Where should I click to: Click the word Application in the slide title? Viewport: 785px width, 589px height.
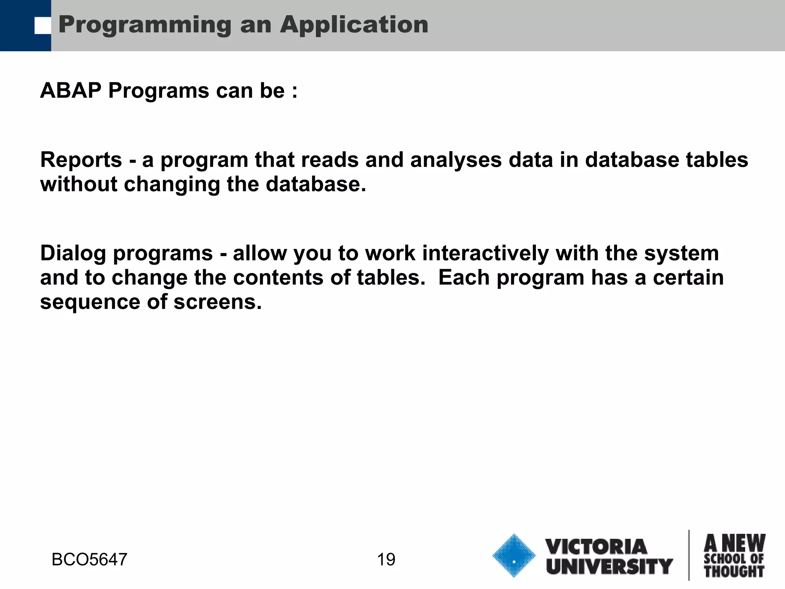(x=354, y=25)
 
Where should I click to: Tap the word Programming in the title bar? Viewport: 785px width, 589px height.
(x=145, y=25)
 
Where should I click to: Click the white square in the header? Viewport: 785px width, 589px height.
(x=43, y=26)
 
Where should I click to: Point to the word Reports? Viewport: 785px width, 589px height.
(x=81, y=160)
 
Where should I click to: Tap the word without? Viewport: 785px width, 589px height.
(x=79, y=184)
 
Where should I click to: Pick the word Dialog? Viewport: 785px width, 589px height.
(x=73, y=253)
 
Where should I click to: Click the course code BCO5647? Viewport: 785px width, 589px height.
(x=89, y=560)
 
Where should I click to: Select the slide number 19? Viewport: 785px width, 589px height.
(x=386, y=560)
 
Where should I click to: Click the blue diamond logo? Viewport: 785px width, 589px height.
(x=514, y=556)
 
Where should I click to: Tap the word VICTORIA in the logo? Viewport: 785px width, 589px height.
(x=596, y=547)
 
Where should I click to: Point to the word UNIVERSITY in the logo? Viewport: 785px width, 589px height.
(x=609, y=566)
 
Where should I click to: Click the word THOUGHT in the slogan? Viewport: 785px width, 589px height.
(x=734, y=571)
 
